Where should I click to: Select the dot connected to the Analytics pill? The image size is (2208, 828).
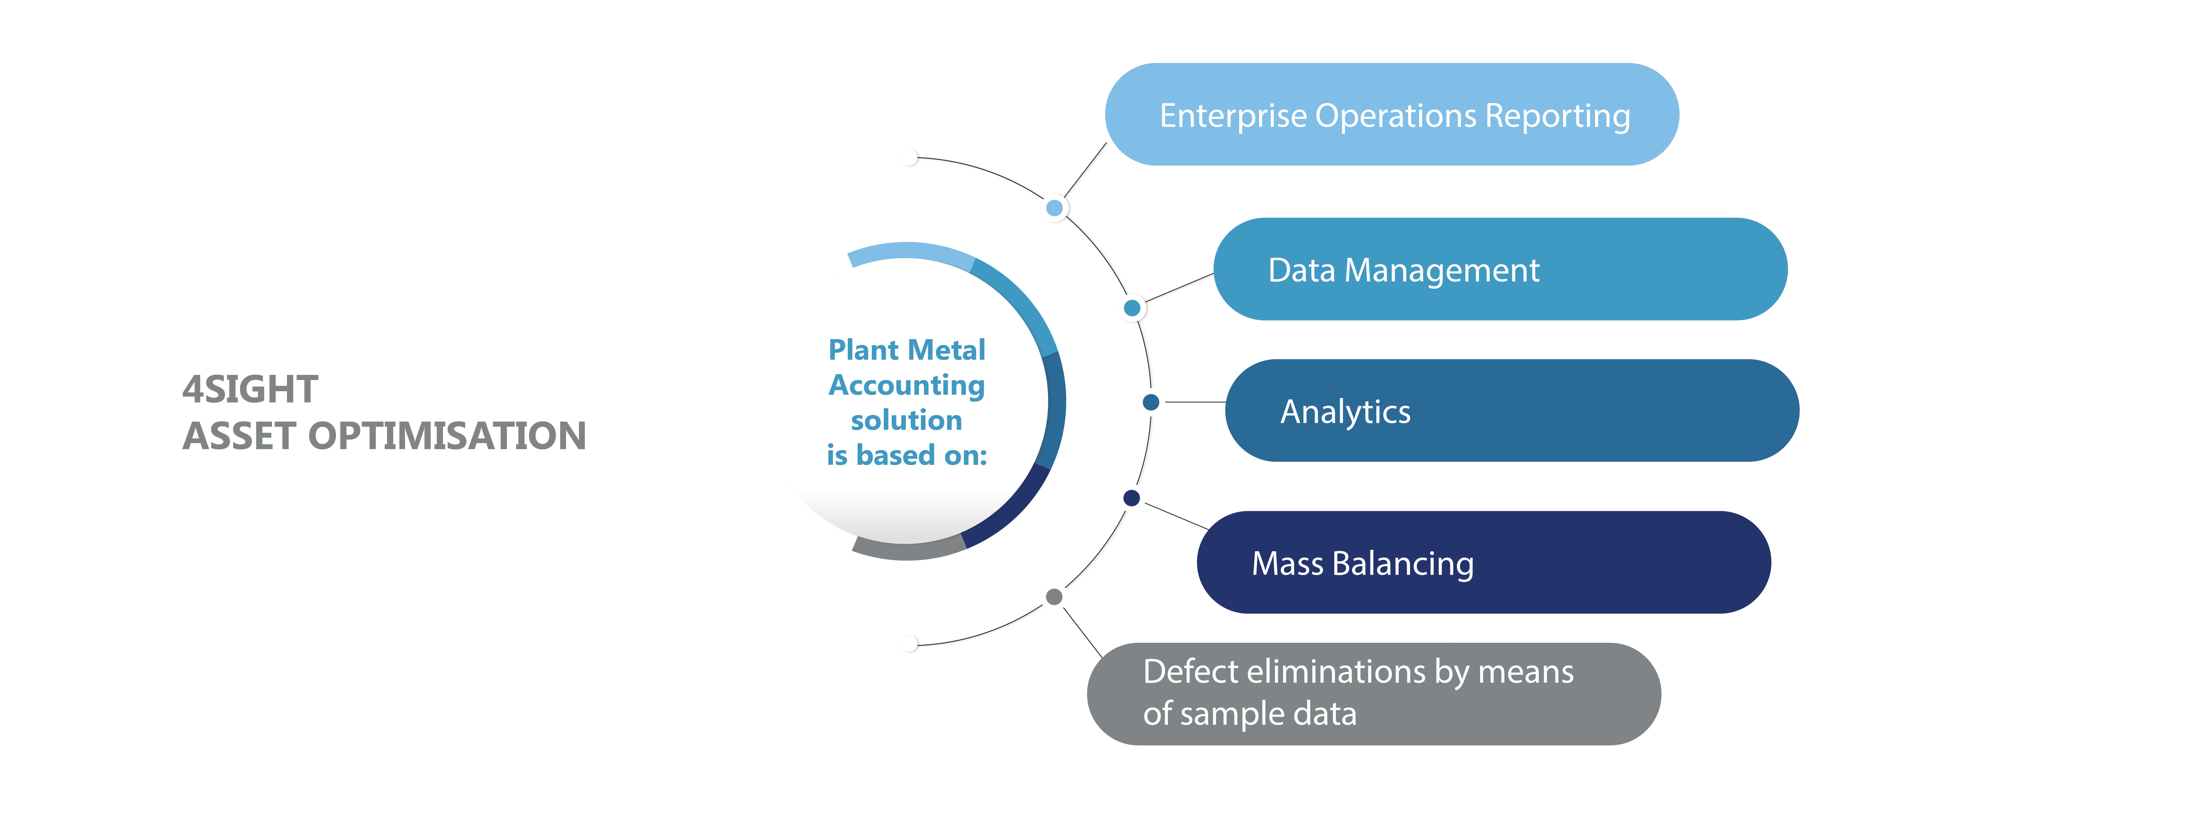pyautogui.click(x=1151, y=402)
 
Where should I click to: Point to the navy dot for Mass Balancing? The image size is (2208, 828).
pyautogui.click(x=1131, y=498)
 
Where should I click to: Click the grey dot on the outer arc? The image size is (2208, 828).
pyautogui.click(x=1054, y=597)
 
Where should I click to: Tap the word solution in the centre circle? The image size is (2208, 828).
pyautogui.click(x=907, y=420)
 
